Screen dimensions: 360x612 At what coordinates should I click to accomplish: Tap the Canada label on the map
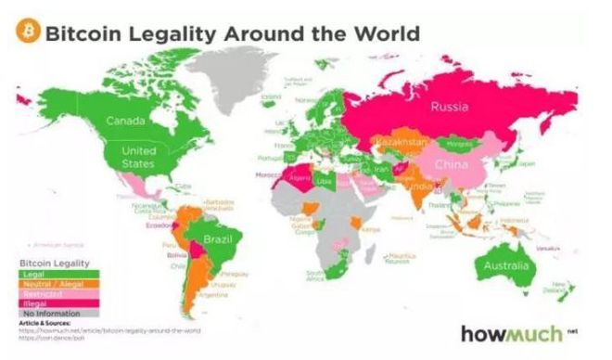click(125, 121)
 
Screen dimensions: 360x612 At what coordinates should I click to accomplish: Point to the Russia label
click(450, 107)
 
